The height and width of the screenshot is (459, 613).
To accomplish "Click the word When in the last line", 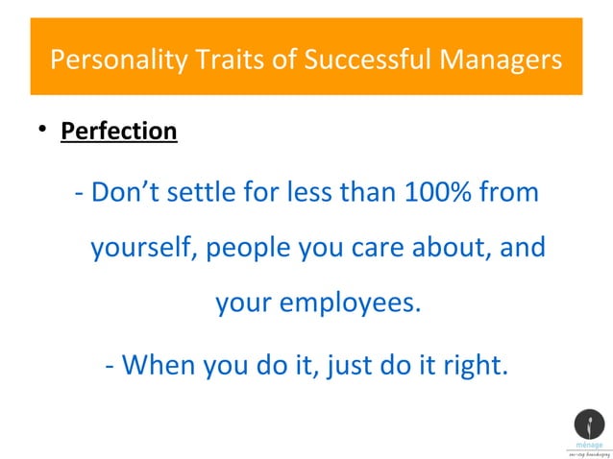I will pyautogui.click(x=158, y=365).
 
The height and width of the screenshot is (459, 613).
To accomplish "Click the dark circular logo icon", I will pyautogui.click(x=588, y=424).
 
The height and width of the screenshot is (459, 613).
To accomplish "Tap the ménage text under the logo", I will pyautogui.click(x=588, y=446).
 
